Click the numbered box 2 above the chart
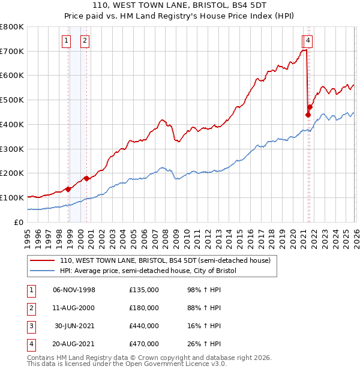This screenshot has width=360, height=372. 85,41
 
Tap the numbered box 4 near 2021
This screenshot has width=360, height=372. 307,41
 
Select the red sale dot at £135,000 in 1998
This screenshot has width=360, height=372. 68,189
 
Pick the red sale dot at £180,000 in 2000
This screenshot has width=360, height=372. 86,178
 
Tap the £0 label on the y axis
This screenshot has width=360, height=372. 19,222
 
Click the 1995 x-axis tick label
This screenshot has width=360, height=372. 28,237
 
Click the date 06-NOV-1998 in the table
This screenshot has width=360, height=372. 74,290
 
